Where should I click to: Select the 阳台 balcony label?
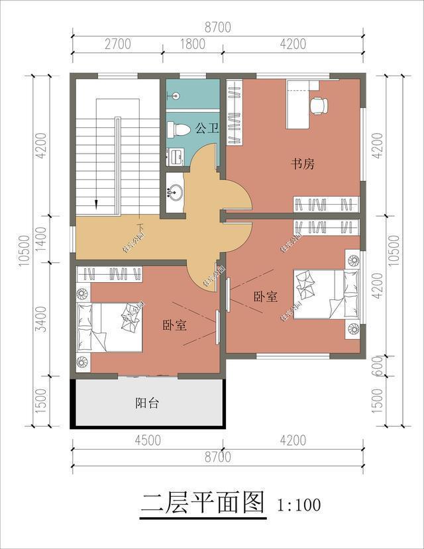147,403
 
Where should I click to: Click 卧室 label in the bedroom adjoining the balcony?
174,325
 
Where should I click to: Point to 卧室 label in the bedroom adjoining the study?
265,297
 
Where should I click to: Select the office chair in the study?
318,105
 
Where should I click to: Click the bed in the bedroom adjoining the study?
319,295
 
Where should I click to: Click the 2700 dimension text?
117,44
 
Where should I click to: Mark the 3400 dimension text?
41,318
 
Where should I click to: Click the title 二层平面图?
203,503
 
